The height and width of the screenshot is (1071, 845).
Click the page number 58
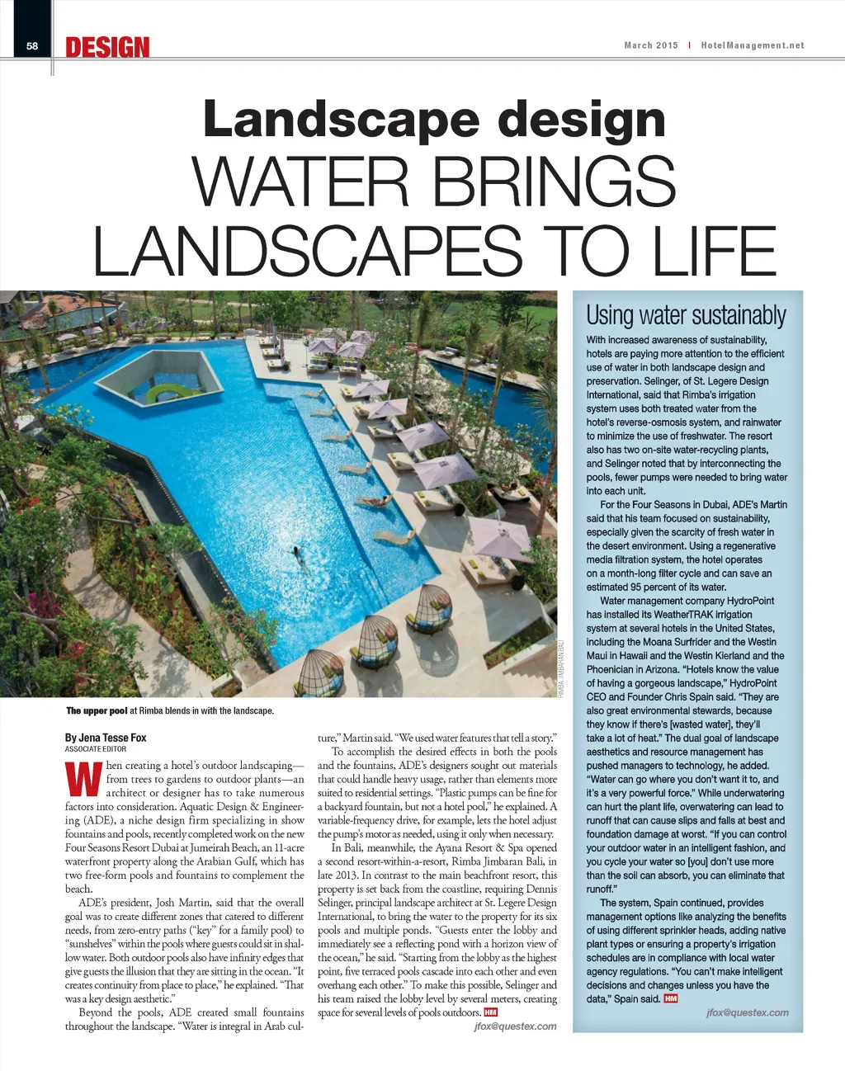point(32,46)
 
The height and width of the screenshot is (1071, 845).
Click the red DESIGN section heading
point(107,47)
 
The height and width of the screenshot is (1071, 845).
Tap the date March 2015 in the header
point(650,45)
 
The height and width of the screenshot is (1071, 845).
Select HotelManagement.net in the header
point(752,45)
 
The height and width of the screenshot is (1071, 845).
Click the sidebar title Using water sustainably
point(686,315)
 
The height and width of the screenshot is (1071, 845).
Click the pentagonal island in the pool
point(164,379)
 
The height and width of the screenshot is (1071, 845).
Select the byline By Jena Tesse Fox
point(106,737)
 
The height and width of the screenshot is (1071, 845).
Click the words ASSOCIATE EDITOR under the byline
point(96,749)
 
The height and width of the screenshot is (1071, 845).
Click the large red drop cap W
point(83,779)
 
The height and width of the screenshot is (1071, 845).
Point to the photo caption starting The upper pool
point(169,710)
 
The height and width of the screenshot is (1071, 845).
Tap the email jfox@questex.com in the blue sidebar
point(747,1012)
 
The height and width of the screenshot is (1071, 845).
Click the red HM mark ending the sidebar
point(671,998)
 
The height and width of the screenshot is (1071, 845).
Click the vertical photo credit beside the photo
point(561,668)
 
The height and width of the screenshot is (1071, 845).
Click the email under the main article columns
point(515,1026)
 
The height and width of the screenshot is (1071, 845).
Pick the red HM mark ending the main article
point(491,1012)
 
